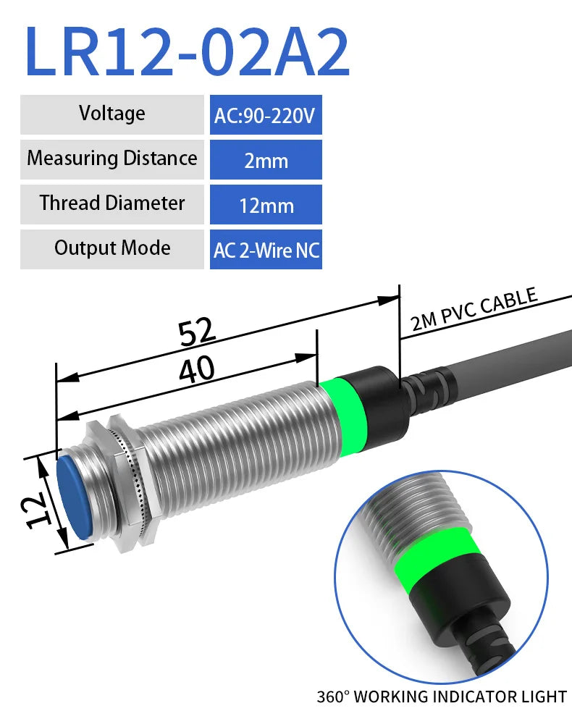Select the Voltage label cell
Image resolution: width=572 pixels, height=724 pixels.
[112, 114]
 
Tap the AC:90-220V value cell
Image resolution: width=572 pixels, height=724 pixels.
[266, 115]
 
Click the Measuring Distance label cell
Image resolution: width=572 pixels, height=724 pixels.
[112, 159]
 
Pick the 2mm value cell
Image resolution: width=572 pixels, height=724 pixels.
[266, 160]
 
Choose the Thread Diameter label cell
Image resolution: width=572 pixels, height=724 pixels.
[112, 203]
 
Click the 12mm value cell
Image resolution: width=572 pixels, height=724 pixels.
[266, 205]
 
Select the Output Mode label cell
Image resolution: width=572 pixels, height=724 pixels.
[112, 248]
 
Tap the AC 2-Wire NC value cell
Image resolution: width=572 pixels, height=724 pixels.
[266, 250]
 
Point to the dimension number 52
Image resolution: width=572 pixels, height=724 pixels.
[197, 332]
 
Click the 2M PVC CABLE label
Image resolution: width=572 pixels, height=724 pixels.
[474, 309]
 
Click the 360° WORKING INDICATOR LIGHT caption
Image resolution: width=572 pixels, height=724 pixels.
[442, 697]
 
